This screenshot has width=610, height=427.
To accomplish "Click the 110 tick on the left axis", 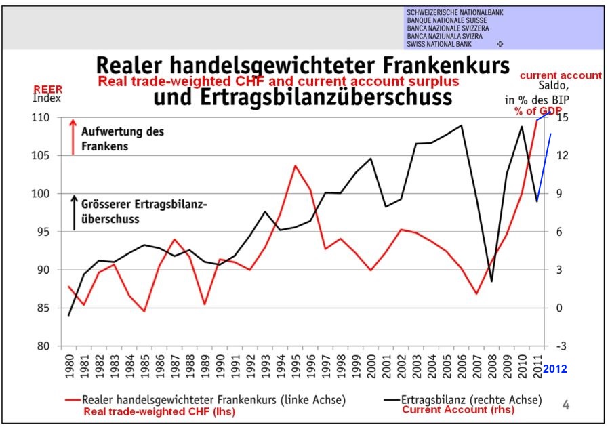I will click(x=41, y=118).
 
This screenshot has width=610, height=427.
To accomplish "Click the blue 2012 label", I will click(x=554, y=369).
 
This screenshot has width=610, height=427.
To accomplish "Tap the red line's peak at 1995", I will click(x=295, y=165).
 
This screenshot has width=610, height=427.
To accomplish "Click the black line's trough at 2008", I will click(x=491, y=281).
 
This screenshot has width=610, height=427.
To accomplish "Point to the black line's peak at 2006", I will click(x=462, y=125).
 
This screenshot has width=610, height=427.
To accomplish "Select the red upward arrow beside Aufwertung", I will click(x=73, y=136).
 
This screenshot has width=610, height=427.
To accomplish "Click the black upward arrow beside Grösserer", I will click(x=73, y=211).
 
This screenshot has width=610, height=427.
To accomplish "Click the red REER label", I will click(x=47, y=89).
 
